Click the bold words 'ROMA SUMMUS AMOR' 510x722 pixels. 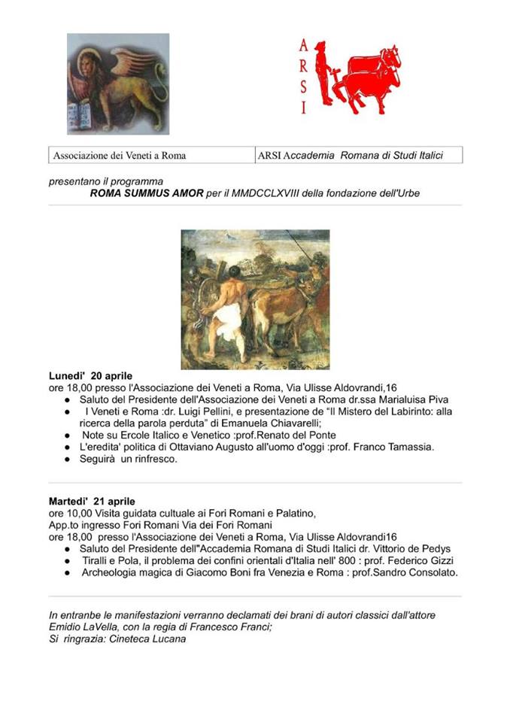146,193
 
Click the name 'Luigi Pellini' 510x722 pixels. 203,412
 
